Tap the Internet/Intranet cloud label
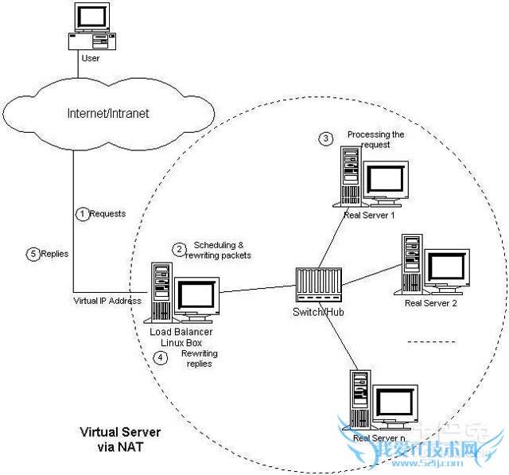(x=109, y=113)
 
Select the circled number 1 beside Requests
(x=81, y=213)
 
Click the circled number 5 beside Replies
(x=33, y=254)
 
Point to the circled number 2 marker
(x=179, y=249)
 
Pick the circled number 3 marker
(x=325, y=138)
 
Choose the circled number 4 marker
(x=161, y=357)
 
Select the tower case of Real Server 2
(x=411, y=263)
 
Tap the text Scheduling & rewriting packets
(x=222, y=250)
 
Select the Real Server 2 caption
(x=430, y=302)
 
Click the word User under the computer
(x=90, y=58)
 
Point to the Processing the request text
(x=375, y=140)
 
